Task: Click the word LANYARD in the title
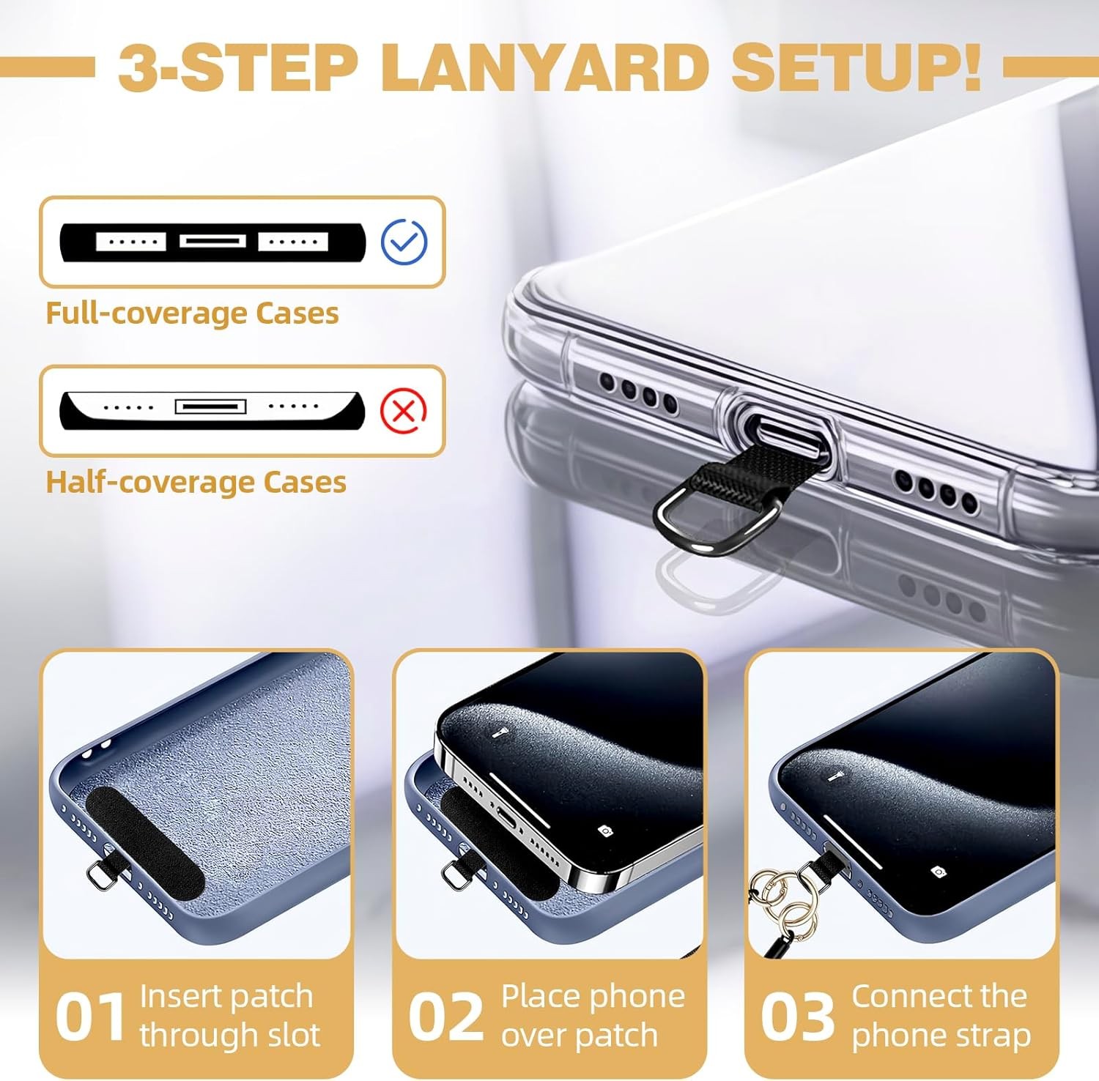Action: pos(544,67)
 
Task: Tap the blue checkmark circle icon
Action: pos(404,241)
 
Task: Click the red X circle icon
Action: pos(403,410)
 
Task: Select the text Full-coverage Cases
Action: pos(192,313)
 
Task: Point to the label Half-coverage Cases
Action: pos(196,483)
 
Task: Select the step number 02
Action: pos(445,1017)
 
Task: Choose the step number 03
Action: pos(797,1017)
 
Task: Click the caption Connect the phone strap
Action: pos(941,1016)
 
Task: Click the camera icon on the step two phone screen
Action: pos(605,831)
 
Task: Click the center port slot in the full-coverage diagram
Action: pos(212,241)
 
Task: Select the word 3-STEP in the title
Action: pos(237,67)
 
